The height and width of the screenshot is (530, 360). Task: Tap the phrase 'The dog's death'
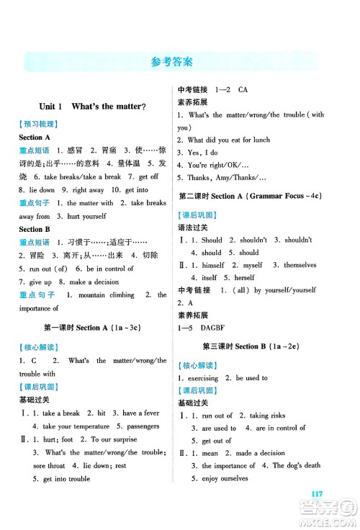coord(295,465)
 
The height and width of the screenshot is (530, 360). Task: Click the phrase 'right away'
coord(87,190)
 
